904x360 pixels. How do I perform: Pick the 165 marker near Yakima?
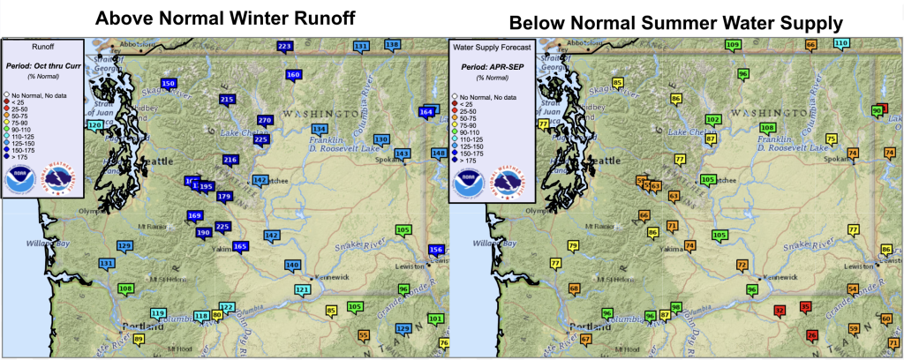(x=240, y=246)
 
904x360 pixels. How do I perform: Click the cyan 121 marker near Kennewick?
(x=303, y=290)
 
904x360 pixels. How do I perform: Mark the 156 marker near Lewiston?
(x=435, y=251)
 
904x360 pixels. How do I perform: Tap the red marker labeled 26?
(x=811, y=335)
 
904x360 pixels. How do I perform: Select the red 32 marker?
(x=780, y=311)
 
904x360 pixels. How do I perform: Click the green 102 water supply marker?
(x=713, y=120)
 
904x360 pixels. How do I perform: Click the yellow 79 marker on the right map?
(x=573, y=246)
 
